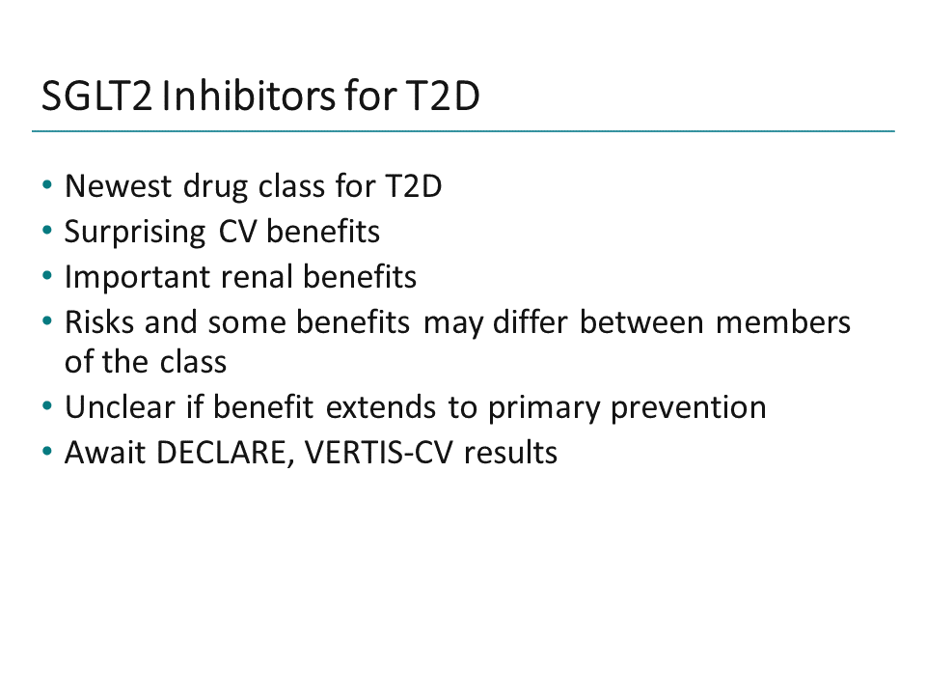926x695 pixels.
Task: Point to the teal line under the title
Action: (463, 130)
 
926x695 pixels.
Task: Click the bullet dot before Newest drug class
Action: (48, 185)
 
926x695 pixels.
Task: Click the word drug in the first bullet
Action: (217, 185)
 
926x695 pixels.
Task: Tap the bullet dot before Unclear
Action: (48, 406)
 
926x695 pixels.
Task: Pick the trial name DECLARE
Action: (228, 452)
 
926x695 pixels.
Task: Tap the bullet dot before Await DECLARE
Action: (48, 452)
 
